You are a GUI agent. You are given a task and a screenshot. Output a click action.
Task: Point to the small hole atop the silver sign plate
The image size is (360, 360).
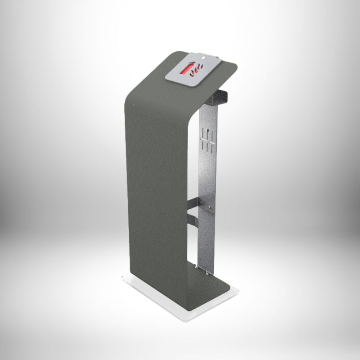tap(203, 58)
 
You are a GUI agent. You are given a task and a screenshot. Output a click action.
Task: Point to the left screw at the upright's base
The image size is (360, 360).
tap(197, 268)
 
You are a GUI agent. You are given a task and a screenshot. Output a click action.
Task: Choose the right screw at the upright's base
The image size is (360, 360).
tap(207, 271)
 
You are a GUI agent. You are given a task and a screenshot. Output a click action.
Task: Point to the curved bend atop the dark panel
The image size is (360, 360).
tap(135, 90)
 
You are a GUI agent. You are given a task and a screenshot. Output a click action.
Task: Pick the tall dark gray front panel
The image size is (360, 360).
tap(155, 189)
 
